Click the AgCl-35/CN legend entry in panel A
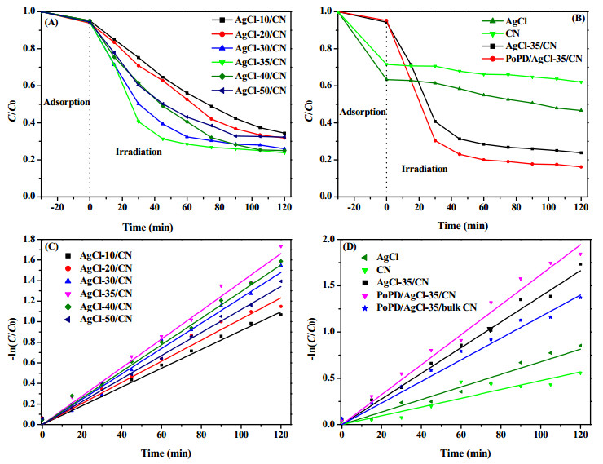point(249,62)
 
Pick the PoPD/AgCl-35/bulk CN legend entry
point(419,307)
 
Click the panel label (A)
point(51,22)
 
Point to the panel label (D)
point(350,246)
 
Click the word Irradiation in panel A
point(139,152)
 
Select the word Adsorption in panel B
point(363,112)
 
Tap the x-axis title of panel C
point(166,453)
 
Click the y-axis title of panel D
point(312,339)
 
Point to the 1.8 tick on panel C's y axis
point(29,240)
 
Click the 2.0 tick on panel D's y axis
point(328,240)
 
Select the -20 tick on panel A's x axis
point(57,207)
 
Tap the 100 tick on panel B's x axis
point(548,207)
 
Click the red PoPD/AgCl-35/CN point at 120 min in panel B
point(581,167)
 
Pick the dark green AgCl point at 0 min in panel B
point(386,80)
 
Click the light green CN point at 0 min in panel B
point(386,64)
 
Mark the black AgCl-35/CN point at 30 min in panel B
point(435,122)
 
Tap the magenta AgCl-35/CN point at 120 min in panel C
point(281,246)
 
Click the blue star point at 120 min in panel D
point(580,298)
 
